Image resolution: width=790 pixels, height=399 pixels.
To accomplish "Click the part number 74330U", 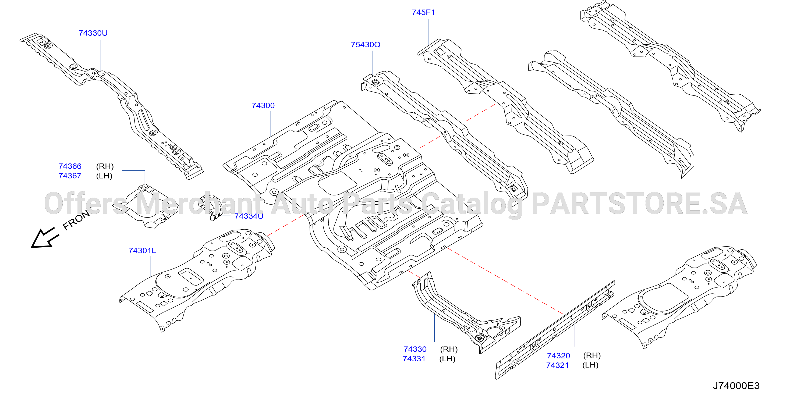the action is [x=93, y=33].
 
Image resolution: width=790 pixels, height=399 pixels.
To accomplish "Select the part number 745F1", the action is [x=423, y=12].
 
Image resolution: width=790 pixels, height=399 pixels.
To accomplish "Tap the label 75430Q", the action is [x=366, y=45].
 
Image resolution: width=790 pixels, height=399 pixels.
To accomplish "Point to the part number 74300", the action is [x=263, y=105].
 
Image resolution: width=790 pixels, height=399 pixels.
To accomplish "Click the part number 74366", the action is [x=70, y=166].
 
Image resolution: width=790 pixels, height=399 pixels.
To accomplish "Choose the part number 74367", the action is [x=70, y=176].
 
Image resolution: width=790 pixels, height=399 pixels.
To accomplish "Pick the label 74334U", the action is [x=249, y=216].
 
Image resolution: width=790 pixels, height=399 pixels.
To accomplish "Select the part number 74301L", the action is [x=142, y=251].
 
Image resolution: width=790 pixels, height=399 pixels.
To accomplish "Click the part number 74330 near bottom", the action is [x=415, y=349].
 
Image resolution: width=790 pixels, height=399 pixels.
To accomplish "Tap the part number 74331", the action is [x=414, y=359].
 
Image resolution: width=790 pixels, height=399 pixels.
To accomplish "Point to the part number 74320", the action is [x=558, y=355].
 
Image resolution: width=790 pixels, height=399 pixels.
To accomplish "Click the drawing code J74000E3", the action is [x=736, y=386].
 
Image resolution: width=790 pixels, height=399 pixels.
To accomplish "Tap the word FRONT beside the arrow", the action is [x=76, y=220].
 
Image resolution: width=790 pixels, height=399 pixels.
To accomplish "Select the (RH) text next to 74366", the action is [x=105, y=166].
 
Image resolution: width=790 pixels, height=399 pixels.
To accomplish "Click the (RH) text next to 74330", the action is [x=449, y=349].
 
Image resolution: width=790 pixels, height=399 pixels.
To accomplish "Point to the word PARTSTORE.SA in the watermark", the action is [x=639, y=204].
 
